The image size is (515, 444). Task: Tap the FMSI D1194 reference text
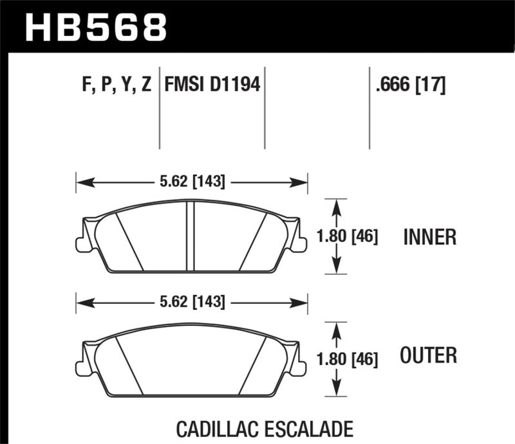click(x=212, y=85)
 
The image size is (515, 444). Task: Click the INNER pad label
click(x=429, y=238)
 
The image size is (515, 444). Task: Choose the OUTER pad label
click(x=428, y=354)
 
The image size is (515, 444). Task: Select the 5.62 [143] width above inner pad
click(x=192, y=182)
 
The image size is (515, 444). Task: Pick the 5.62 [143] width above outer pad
click(x=192, y=301)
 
